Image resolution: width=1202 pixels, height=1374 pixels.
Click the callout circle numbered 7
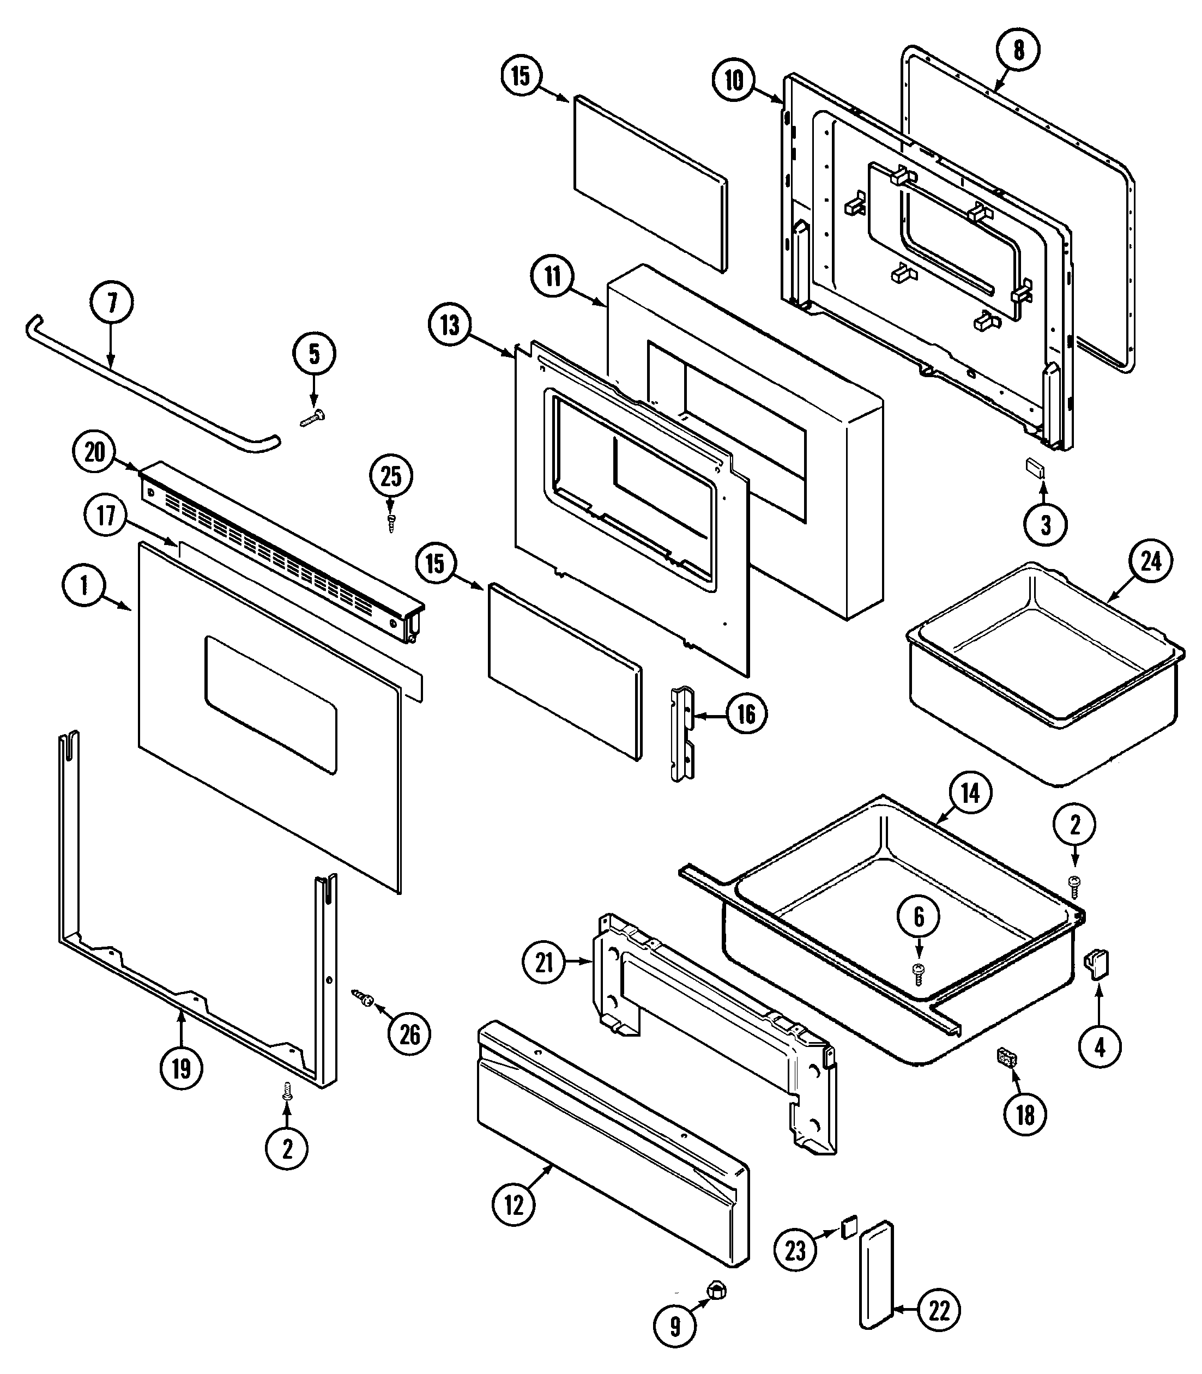pyautogui.click(x=111, y=304)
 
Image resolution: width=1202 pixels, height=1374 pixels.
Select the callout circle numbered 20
pyautogui.click(x=94, y=452)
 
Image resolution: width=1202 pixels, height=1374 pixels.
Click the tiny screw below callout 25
pyautogui.click(x=391, y=522)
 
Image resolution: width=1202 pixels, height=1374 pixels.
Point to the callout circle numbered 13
pyautogui.click(x=449, y=326)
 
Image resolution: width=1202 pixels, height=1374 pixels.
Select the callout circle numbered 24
pyautogui.click(x=1150, y=561)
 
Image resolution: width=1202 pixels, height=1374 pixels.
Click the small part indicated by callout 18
pyautogui.click(x=1007, y=1059)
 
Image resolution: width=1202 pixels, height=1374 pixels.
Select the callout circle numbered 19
pyautogui.click(x=181, y=1068)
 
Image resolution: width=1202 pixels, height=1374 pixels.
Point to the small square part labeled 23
pyautogui.click(x=849, y=1229)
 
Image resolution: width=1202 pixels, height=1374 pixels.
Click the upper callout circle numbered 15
pyautogui.click(x=521, y=76)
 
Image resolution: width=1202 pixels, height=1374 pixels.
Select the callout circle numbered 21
pyautogui.click(x=544, y=963)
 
